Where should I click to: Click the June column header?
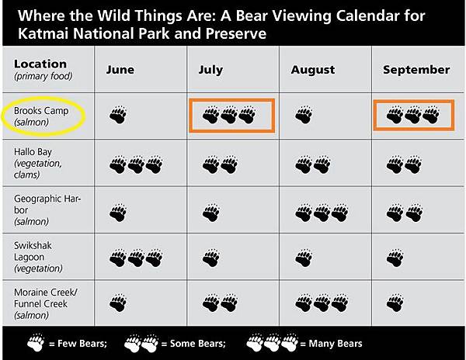coord(120,70)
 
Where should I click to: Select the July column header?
coord(210,70)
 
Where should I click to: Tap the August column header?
coord(313,71)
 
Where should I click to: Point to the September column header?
coord(416,70)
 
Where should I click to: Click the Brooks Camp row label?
coord(41,116)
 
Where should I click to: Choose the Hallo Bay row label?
coord(38,163)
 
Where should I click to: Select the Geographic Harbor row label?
coord(47,209)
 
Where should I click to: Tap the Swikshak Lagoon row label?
coord(38,257)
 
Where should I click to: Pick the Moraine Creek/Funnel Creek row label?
coord(45,303)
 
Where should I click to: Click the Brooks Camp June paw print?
coord(118,115)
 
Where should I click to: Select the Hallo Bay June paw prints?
coord(136,164)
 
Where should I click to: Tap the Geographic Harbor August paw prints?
coord(322,213)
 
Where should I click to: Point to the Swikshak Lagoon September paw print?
coord(395,258)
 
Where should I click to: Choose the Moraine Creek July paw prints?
coord(220,303)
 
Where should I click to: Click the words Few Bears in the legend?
coord(82,344)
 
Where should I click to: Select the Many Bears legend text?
coord(336,344)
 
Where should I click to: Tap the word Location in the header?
coord(40,64)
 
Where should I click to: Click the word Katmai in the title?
coord(43,33)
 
